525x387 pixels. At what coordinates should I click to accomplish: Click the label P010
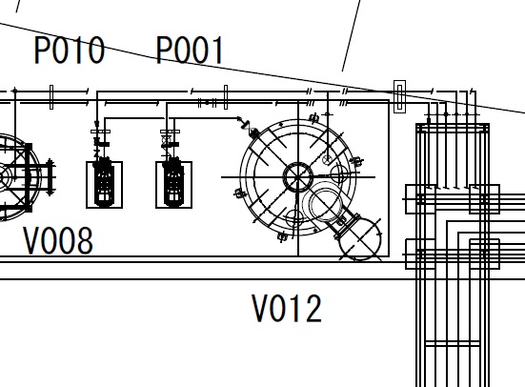(70, 50)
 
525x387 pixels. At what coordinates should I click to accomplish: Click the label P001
(190, 50)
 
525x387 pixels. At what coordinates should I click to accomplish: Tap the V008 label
(58, 240)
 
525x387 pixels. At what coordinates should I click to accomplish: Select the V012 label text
(287, 308)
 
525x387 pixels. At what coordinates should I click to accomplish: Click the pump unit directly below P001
(173, 185)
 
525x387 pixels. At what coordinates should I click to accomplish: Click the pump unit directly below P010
(104, 185)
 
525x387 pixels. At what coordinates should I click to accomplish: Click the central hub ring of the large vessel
(298, 177)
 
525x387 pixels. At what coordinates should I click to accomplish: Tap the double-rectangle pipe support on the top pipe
(399, 96)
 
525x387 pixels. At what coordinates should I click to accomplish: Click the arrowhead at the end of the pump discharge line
(239, 118)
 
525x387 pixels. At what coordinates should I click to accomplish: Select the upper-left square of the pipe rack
(420, 199)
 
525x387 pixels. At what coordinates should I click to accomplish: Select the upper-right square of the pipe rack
(484, 199)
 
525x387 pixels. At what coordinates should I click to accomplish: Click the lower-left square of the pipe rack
(420, 254)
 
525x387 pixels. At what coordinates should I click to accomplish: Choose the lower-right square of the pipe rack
(484, 254)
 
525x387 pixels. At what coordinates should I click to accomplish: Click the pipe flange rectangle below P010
(51, 97)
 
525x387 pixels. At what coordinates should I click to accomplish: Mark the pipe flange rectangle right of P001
(226, 97)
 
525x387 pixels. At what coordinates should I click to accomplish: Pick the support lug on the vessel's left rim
(240, 193)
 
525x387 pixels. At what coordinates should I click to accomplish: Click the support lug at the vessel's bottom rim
(283, 237)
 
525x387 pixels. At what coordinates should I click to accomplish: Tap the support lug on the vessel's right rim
(357, 161)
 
